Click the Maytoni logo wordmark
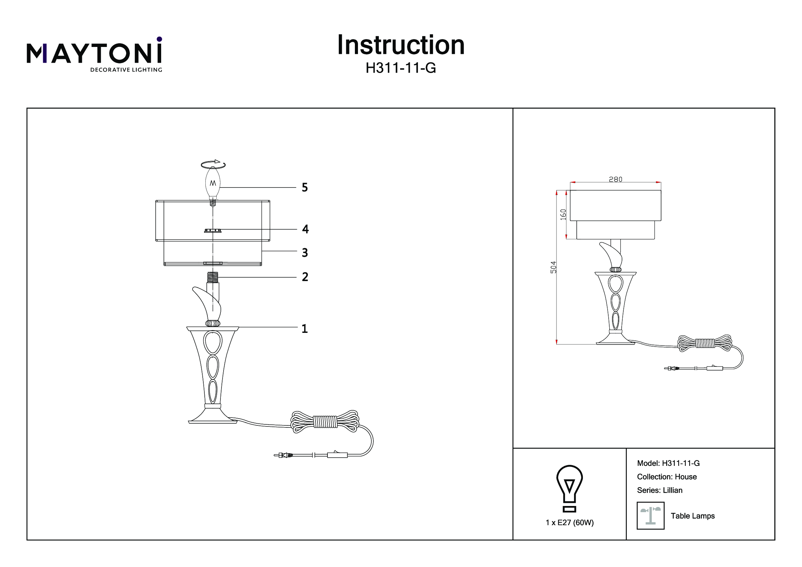tap(94, 54)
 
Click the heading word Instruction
tap(400, 45)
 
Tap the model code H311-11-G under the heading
tap(400, 69)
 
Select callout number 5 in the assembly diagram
tap(304, 188)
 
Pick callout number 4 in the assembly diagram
tap(305, 229)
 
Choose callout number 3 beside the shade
tap(305, 252)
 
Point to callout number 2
tap(305, 277)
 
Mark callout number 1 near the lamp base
tap(304, 328)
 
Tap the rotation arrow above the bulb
tap(213, 164)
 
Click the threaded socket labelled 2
tap(213, 278)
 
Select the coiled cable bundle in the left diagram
tap(325, 422)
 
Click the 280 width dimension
tap(615, 179)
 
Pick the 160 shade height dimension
tap(563, 214)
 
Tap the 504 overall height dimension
tap(553, 267)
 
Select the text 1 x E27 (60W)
tap(570, 523)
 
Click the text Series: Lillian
tap(659, 490)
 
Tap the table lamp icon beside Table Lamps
tap(650, 516)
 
